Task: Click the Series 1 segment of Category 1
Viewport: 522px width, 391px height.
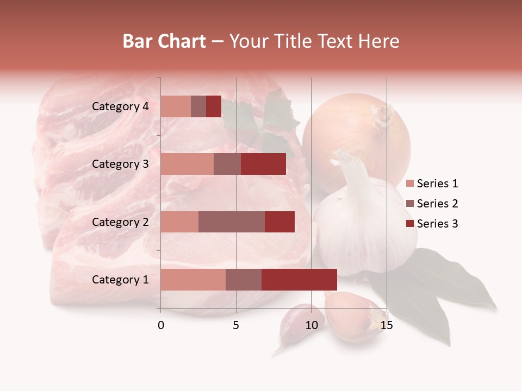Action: point(193,280)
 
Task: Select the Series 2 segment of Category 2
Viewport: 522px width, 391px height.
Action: point(232,222)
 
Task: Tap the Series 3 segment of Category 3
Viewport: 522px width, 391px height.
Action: point(263,164)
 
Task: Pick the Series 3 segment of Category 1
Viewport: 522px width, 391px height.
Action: point(299,280)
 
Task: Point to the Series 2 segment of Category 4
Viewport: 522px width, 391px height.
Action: point(198,106)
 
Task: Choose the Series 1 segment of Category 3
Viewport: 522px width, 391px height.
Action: point(187,164)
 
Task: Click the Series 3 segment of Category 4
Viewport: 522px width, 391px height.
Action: point(214,106)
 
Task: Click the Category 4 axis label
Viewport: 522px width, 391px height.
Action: point(120,106)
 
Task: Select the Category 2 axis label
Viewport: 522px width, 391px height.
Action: point(120,222)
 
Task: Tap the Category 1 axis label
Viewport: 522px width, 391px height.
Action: point(120,280)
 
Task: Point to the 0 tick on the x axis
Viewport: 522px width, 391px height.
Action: point(161,325)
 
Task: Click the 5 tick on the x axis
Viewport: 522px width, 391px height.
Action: point(236,325)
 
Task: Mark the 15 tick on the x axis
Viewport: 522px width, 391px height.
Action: point(387,325)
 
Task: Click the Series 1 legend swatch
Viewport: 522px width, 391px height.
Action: point(410,184)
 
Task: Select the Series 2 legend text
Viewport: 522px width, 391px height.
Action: point(437,204)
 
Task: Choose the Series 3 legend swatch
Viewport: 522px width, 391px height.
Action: point(410,224)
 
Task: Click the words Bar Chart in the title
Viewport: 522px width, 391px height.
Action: point(164,41)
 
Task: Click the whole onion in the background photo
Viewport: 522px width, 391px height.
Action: point(356,136)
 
